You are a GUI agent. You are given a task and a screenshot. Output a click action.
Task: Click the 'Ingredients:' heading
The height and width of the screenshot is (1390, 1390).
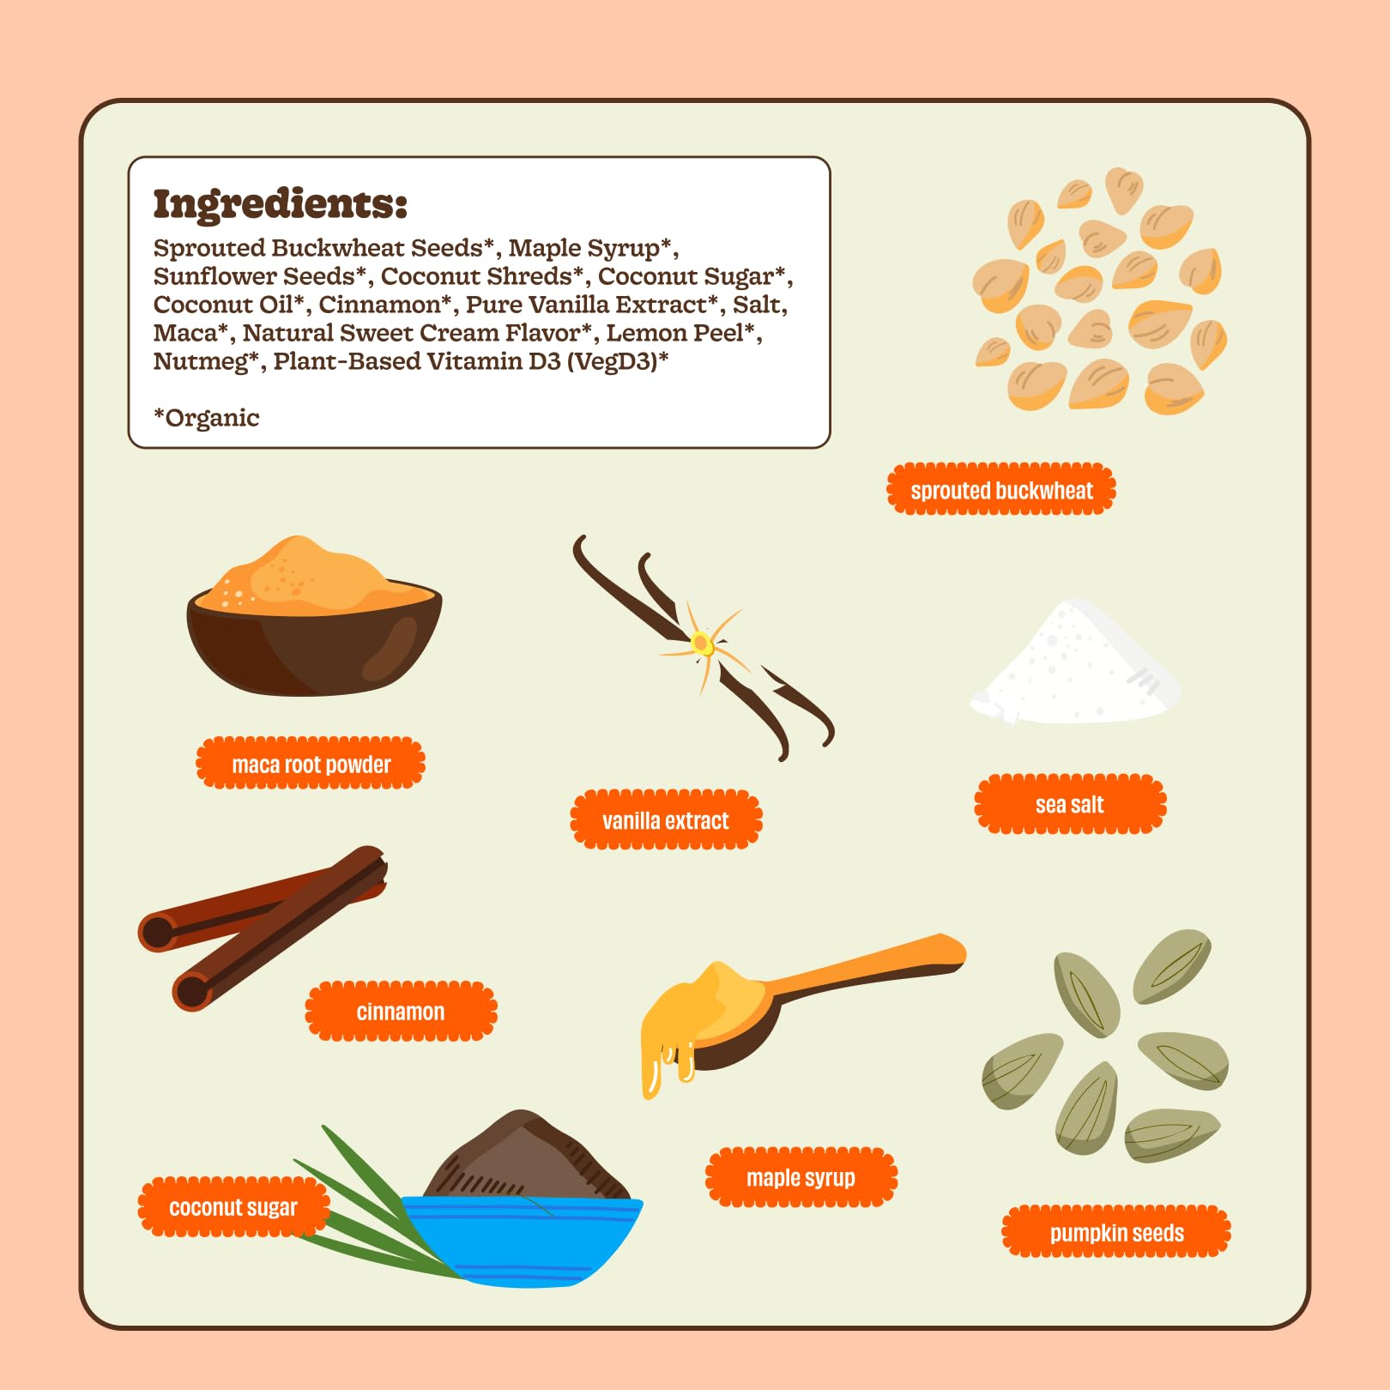click(280, 205)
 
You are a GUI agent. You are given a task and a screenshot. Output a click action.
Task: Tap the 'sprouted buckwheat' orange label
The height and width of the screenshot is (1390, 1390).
click(1001, 490)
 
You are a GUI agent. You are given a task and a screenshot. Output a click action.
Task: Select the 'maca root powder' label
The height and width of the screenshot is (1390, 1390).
click(311, 763)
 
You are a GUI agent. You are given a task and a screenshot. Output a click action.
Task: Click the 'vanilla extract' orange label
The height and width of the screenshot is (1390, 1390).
click(666, 820)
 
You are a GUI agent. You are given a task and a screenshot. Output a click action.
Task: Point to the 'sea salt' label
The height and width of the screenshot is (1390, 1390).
click(1070, 804)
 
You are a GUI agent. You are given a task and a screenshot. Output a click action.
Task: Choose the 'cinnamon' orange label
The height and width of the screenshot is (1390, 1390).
click(401, 1012)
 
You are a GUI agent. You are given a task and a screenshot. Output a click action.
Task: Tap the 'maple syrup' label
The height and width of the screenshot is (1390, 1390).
click(801, 1177)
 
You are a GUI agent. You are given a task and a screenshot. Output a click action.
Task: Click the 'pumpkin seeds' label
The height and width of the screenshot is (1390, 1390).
click(1116, 1233)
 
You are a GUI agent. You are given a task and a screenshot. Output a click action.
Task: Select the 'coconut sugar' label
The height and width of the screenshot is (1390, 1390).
click(233, 1207)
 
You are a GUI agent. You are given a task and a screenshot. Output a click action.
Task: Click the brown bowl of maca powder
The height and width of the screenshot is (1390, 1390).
click(314, 639)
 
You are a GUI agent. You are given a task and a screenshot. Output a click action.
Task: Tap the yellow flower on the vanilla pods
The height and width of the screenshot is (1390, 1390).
click(703, 643)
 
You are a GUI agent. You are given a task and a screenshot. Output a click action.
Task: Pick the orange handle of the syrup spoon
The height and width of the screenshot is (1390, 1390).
click(867, 967)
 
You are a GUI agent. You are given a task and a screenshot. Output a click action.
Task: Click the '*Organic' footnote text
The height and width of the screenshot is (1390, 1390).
click(206, 418)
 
